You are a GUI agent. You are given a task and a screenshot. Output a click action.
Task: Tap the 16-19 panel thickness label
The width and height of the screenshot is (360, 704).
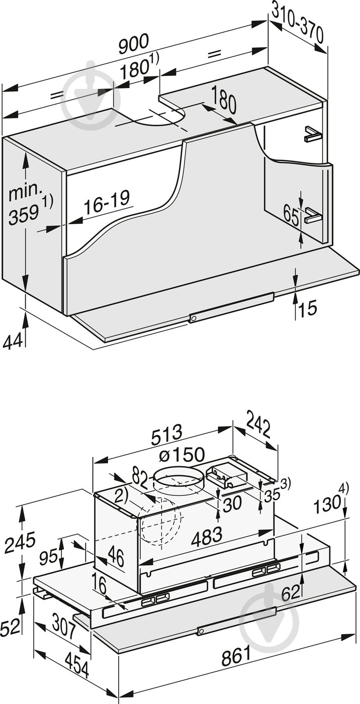pos(107,205)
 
